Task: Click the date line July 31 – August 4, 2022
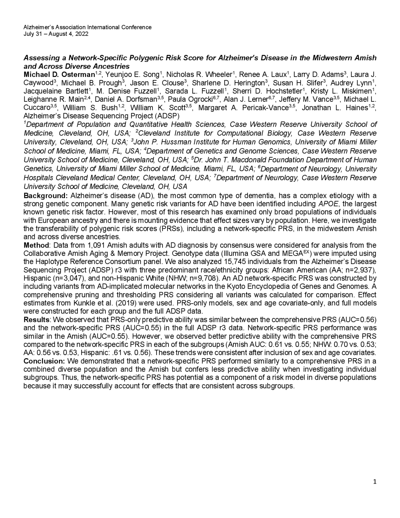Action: (x=56, y=34)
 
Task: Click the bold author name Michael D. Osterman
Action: (x=59, y=75)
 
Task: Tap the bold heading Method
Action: (x=36, y=245)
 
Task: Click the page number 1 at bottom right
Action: (x=375, y=482)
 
